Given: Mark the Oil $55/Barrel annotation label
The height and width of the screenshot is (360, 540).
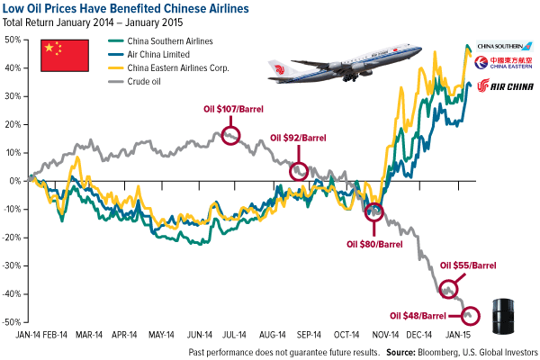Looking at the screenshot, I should pyautogui.click(x=468, y=265).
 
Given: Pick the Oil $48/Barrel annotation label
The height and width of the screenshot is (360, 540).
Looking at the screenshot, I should pyautogui.click(x=417, y=316).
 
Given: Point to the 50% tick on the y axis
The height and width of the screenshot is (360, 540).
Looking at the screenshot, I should pyautogui.click(x=14, y=40).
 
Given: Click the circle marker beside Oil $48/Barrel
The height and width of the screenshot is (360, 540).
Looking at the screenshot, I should pyautogui.click(x=471, y=316).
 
